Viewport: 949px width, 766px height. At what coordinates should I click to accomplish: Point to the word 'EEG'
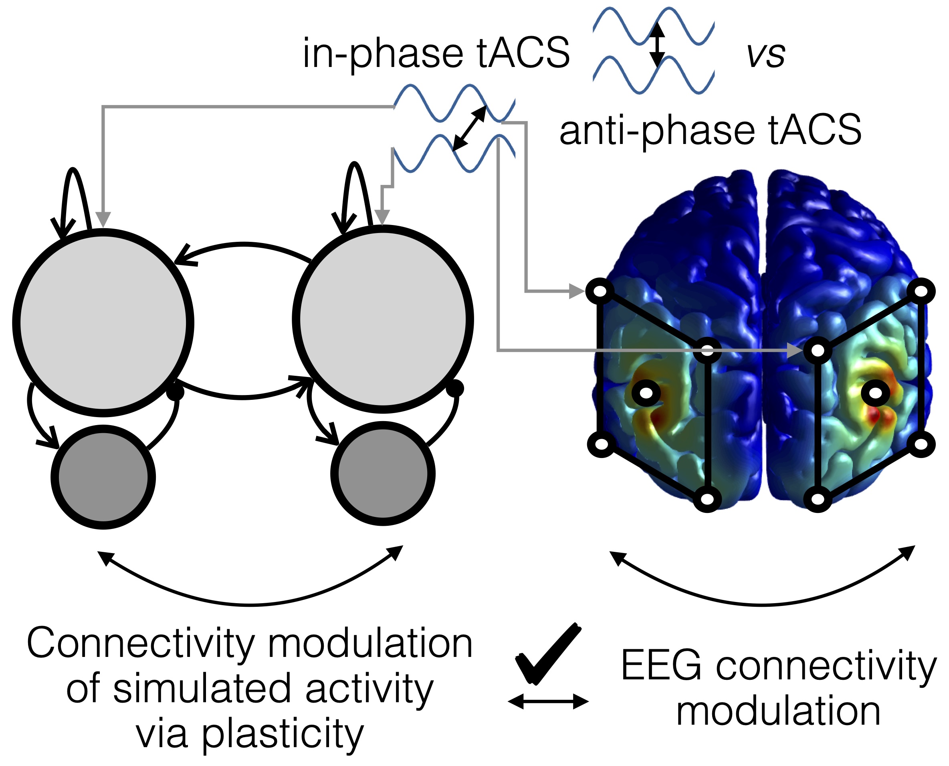pos(660,665)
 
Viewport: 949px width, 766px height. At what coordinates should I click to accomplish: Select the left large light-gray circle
pos(103,322)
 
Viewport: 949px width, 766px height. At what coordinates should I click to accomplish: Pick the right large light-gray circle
pos(383,318)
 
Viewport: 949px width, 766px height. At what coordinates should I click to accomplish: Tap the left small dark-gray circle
pos(103,477)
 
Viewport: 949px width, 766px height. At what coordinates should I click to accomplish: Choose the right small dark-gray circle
pos(383,474)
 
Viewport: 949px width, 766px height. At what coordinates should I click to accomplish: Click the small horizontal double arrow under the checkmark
pos(548,701)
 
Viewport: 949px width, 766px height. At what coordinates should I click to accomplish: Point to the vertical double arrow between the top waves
pos(657,44)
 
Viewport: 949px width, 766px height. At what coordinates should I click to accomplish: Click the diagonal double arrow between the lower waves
pos(470,128)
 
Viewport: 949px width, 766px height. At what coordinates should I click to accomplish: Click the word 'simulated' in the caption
pos(202,690)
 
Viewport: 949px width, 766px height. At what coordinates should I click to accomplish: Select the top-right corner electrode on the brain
pos(921,291)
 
